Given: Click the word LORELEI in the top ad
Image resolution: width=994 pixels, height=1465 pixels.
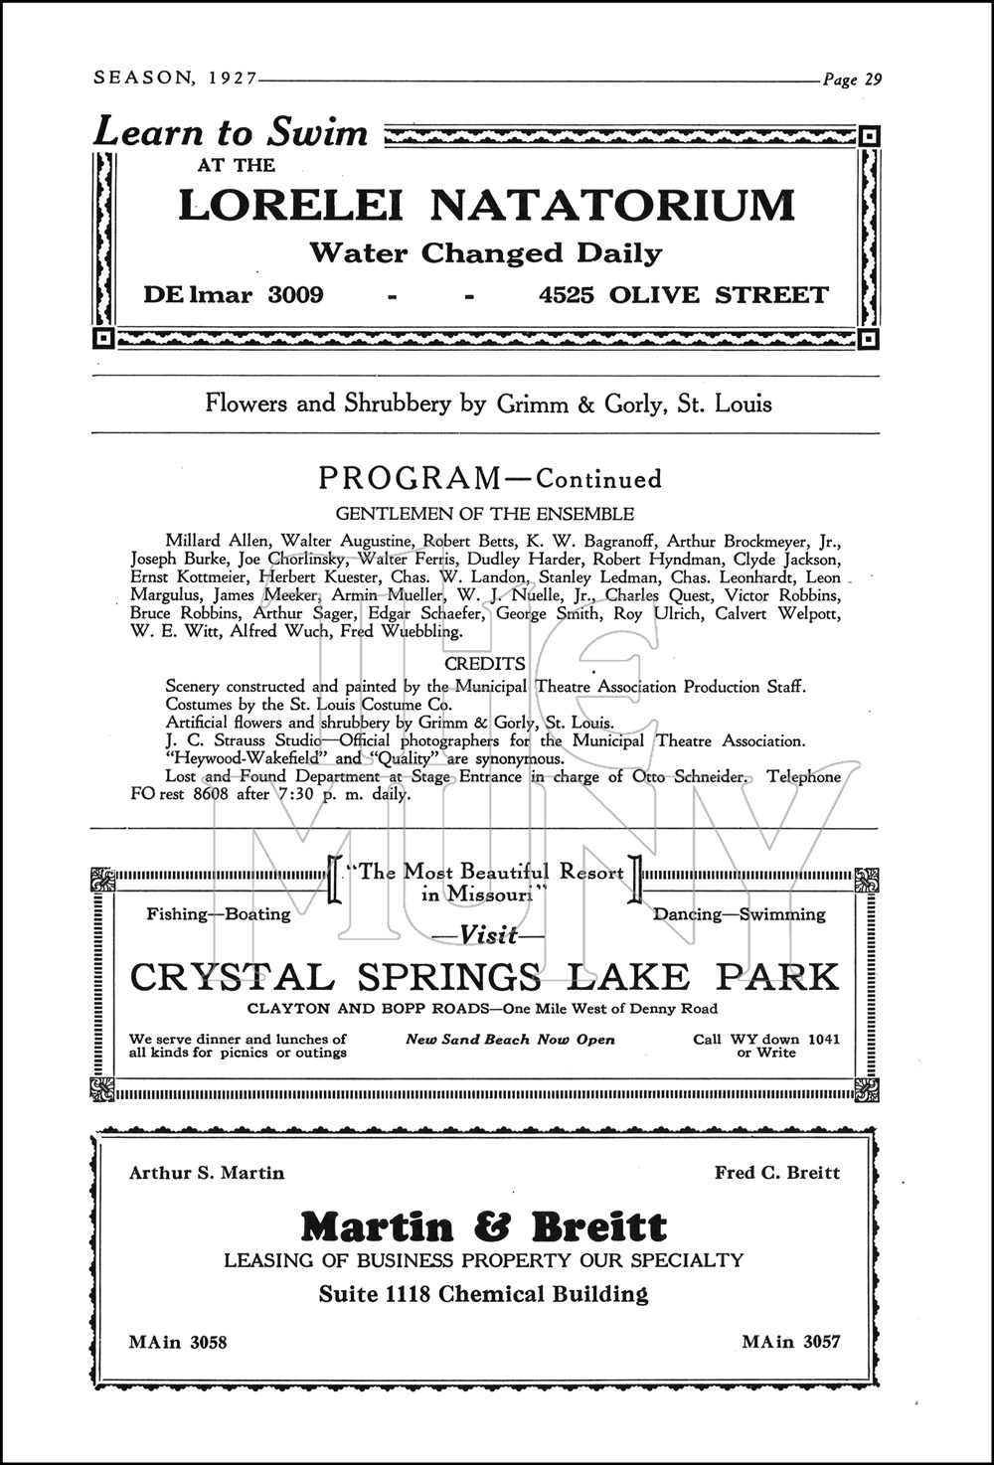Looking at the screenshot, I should [x=290, y=205].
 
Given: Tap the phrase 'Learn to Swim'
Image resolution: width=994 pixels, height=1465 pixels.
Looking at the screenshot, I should [x=231, y=132].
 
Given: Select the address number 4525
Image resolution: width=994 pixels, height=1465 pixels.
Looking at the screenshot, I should [x=568, y=295].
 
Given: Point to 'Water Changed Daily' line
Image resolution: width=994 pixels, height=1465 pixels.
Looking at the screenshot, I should [x=485, y=252].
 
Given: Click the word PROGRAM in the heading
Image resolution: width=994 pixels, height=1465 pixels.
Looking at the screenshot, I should [x=410, y=478].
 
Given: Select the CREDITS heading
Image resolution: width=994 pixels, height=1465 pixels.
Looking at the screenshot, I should [x=485, y=663].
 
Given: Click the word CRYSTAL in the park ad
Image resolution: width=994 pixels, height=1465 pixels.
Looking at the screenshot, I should [x=232, y=977].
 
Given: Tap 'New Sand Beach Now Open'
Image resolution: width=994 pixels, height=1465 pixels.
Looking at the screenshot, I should [x=510, y=1040].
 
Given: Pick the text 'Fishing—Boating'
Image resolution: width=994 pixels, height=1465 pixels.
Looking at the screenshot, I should [x=219, y=914].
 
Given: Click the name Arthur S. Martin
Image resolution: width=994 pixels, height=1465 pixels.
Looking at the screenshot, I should [x=207, y=1173].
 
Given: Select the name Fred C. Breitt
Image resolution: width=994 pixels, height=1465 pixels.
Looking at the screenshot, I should [x=776, y=1173].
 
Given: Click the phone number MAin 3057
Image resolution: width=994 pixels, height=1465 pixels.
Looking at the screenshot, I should [x=791, y=1342].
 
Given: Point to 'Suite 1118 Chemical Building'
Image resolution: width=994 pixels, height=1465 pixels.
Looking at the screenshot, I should [x=483, y=1294].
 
